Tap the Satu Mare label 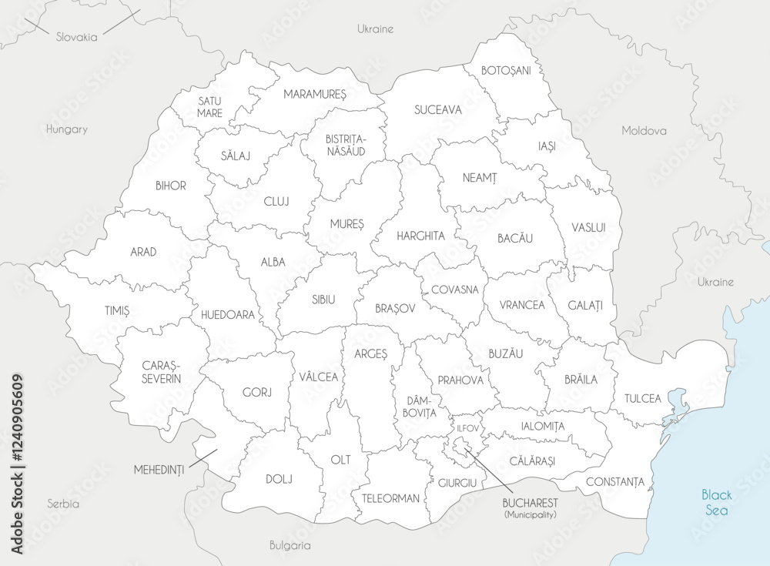(x=209, y=106)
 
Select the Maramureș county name (x=315, y=94)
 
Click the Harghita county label (x=420, y=236)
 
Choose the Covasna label (x=454, y=290)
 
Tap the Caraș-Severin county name (x=162, y=372)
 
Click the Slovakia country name (x=76, y=36)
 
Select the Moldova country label (x=644, y=130)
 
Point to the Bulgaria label (x=290, y=545)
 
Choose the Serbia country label (x=63, y=504)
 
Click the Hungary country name (x=66, y=129)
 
